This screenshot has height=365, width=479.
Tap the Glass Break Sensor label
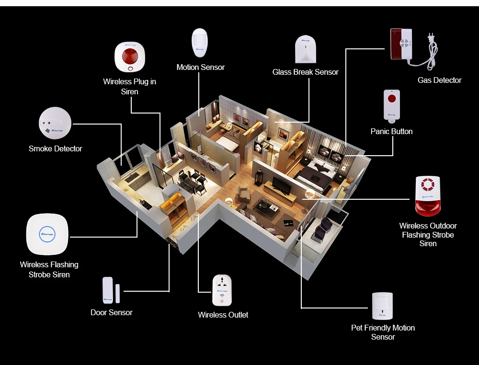[305, 72]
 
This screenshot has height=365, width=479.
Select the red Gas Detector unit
[401, 44]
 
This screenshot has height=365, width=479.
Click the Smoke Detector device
[55, 123]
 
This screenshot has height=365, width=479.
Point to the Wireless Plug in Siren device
[129, 57]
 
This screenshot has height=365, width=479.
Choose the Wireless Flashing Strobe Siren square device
[47, 234]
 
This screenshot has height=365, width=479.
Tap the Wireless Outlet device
[222, 290]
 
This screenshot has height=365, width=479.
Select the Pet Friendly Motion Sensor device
[382, 306]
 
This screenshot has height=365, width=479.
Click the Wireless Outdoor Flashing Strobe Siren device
[427, 195]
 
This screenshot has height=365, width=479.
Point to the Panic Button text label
[391, 131]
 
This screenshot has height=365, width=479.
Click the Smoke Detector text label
[55, 148]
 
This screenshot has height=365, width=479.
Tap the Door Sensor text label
[111, 312]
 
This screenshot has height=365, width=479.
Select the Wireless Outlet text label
[223, 315]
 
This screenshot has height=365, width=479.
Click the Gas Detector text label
[439, 80]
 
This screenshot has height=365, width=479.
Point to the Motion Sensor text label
[200, 67]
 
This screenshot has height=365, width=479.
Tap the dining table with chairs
[192, 181]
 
